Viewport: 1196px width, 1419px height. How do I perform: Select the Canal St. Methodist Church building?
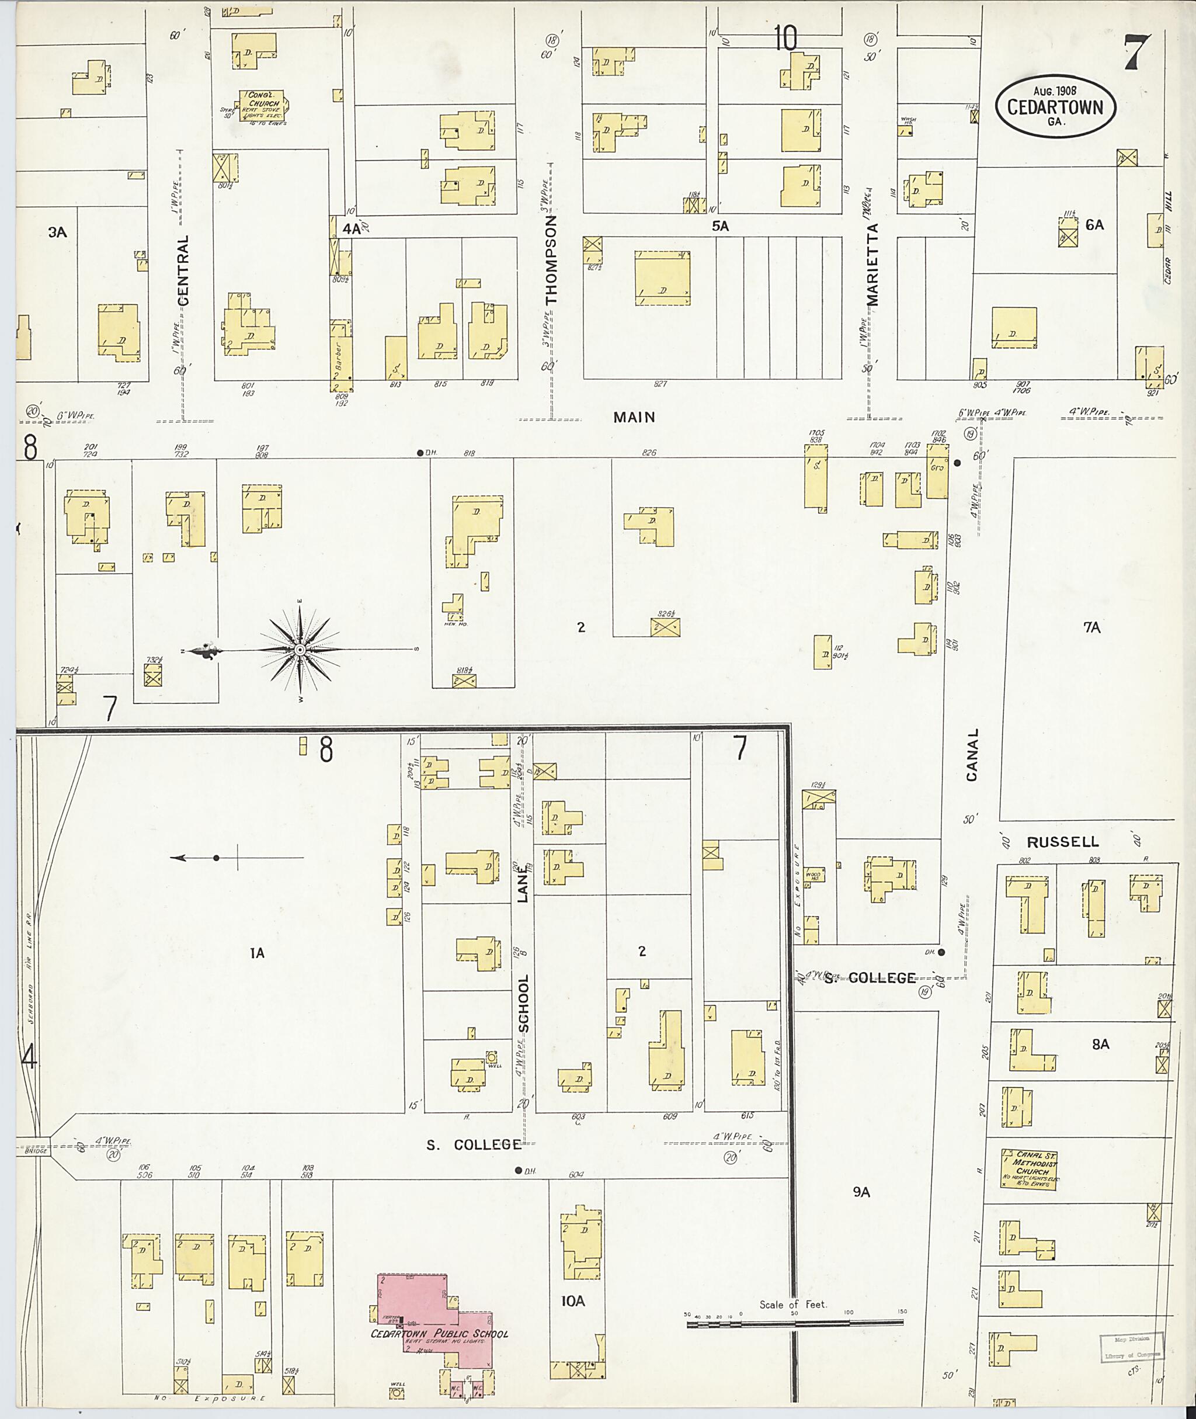pos(1028,1168)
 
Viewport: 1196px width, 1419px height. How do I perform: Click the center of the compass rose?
pos(299,650)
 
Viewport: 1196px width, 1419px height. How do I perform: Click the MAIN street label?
pos(634,417)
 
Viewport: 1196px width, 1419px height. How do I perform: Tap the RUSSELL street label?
pos(1062,842)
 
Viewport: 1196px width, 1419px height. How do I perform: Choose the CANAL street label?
pos(972,755)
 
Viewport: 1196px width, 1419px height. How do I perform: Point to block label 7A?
pos(1091,628)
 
